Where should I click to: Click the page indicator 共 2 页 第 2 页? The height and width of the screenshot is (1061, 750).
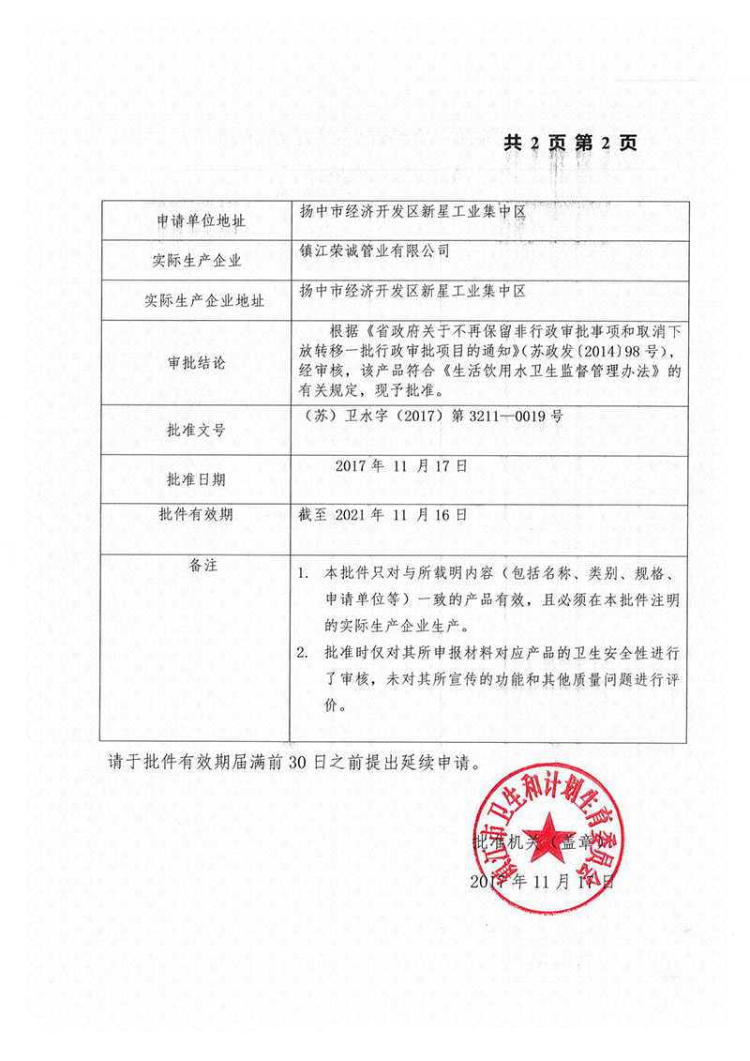(570, 143)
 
